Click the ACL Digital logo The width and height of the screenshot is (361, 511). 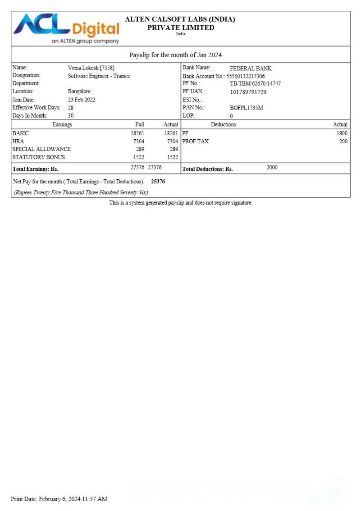click(x=66, y=28)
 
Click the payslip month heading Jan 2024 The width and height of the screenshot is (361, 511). click(x=175, y=55)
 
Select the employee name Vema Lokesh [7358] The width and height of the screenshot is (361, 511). click(x=91, y=68)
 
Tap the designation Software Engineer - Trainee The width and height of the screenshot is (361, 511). click(x=99, y=76)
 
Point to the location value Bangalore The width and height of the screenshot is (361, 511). click(x=79, y=91)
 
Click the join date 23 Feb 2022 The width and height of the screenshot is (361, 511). click(x=81, y=100)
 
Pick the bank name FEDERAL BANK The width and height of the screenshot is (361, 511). click(x=251, y=68)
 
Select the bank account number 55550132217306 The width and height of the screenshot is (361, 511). click(x=245, y=76)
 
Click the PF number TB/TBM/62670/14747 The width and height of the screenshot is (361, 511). click(x=255, y=84)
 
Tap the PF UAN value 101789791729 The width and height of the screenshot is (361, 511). click(x=248, y=92)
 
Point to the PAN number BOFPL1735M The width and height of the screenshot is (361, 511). click(x=246, y=108)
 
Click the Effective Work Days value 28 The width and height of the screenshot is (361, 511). click(x=71, y=108)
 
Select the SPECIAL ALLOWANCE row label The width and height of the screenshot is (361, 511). click(x=41, y=149)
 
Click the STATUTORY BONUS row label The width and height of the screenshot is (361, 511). click(x=39, y=157)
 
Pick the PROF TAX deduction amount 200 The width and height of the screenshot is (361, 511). click(x=343, y=141)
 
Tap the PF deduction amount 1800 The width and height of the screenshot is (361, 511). click(x=342, y=133)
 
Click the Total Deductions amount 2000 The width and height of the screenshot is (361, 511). click(x=272, y=168)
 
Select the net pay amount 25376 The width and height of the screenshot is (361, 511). click(x=158, y=182)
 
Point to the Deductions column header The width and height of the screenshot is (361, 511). click(x=223, y=124)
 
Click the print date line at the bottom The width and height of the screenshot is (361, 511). click(x=59, y=499)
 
